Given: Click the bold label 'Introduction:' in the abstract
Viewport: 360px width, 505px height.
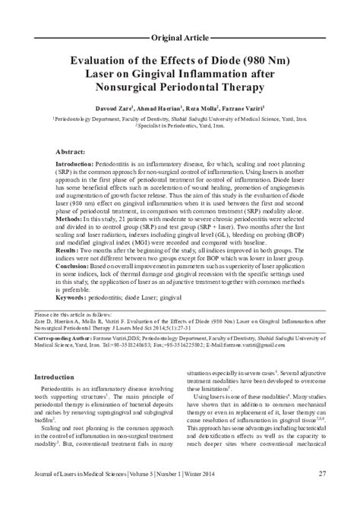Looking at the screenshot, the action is click(x=76, y=165).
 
